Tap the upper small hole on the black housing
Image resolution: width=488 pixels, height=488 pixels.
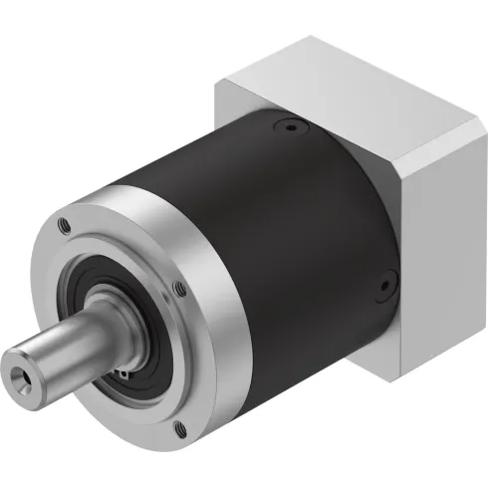[x=289, y=127]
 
